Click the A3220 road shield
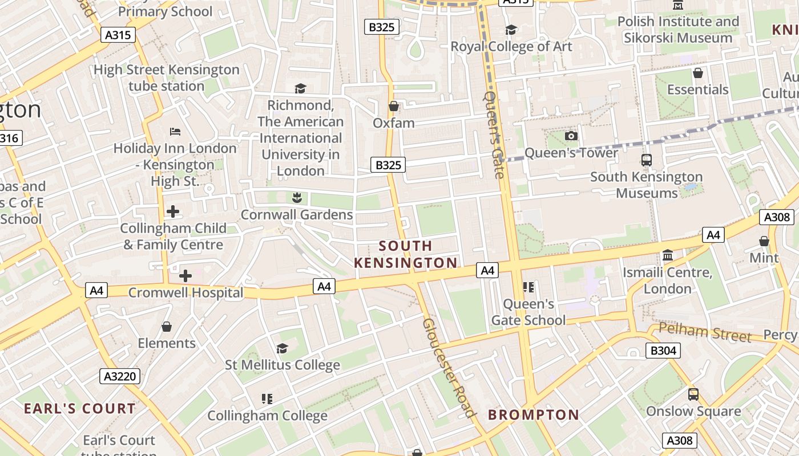click(119, 376)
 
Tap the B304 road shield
click(663, 350)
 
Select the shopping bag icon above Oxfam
click(393, 106)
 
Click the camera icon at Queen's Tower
click(571, 136)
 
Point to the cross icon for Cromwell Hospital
click(185, 276)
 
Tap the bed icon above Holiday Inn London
click(175, 132)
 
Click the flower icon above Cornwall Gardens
click(297, 198)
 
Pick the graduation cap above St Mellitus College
click(282, 348)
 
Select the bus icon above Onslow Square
click(693, 394)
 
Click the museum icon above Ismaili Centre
click(667, 255)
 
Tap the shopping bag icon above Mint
click(764, 241)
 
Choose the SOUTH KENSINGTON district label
click(406, 254)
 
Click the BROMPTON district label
click(533, 415)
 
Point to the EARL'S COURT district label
click(80, 409)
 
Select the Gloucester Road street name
click(449, 368)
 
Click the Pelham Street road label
click(705, 332)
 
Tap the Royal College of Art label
click(511, 46)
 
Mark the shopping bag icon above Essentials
click(697, 73)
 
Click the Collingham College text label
click(267, 416)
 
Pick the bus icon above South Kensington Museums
click(646, 160)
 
